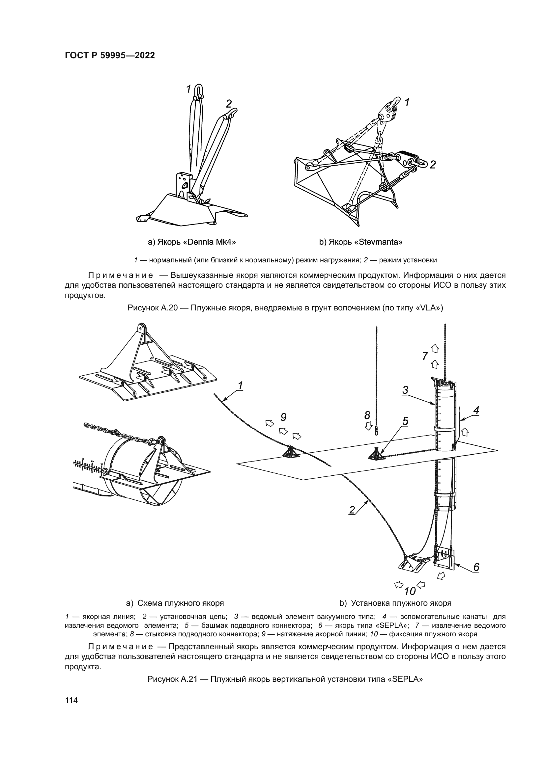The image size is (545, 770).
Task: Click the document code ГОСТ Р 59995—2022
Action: click(110, 56)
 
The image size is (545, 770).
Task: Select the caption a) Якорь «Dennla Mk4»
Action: click(192, 242)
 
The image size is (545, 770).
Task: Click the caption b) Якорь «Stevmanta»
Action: click(361, 242)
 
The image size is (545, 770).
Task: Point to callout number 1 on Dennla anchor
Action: click(188, 89)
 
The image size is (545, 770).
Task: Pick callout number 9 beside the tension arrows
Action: click(283, 417)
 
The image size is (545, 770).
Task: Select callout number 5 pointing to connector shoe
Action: click(405, 421)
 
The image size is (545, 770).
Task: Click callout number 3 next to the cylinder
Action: click(405, 390)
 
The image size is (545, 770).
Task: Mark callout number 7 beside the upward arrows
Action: click(425, 356)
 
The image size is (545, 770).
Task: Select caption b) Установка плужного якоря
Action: click(395, 603)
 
